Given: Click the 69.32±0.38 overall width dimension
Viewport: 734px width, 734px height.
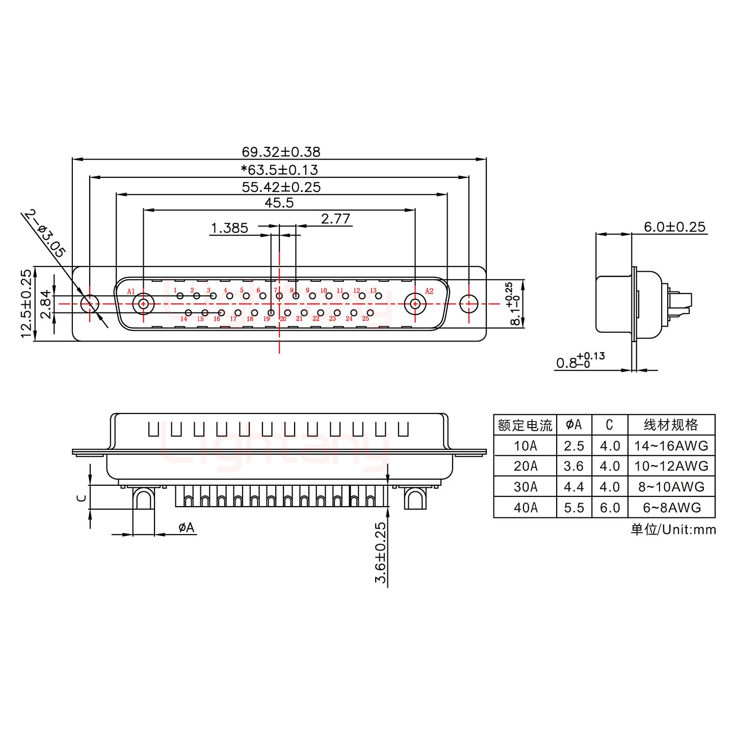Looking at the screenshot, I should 281,152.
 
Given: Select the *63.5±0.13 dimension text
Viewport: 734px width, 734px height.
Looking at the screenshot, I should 279,170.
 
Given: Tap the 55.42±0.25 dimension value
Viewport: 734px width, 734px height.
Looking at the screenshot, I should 281,187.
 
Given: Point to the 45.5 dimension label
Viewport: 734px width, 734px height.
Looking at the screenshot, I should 279,203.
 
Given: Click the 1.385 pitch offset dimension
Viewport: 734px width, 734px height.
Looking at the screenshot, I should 229,228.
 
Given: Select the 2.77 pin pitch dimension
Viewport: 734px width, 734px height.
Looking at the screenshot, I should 335,219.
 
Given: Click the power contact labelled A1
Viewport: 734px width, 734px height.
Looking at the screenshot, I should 143,304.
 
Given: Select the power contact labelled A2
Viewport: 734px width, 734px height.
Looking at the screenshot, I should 415,304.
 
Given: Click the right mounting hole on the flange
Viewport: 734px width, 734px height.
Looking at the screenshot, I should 468,304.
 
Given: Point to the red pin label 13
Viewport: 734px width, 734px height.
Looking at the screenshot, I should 373,291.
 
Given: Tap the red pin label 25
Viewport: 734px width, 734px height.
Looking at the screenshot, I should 365,319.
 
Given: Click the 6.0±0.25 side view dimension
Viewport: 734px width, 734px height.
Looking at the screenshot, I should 675,227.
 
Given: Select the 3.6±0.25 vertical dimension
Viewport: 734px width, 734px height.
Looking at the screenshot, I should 381,553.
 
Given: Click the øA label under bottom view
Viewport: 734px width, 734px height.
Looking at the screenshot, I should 187,528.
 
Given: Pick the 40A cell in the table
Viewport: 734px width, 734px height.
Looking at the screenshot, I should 525,508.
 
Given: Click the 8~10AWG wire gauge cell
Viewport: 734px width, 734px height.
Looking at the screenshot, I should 671,487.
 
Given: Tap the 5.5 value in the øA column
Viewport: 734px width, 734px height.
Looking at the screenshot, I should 574,508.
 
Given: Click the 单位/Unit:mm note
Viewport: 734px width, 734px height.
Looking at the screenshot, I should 673,530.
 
